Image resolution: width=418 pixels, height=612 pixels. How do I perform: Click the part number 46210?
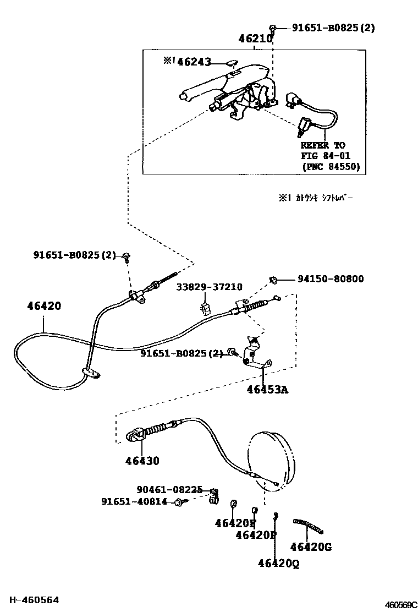pyautogui.click(x=255, y=39)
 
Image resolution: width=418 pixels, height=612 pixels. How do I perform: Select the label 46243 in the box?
pyautogui.click(x=194, y=62)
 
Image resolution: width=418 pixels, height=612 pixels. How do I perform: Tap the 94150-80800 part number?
pyautogui.click(x=331, y=279)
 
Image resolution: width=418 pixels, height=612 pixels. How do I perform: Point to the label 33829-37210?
pyautogui.click(x=209, y=287)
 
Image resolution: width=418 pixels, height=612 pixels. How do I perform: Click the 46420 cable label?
pyautogui.click(x=44, y=306)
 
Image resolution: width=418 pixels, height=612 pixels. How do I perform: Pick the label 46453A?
pyautogui.click(x=267, y=390)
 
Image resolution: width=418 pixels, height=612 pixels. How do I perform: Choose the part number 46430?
pyautogui.click(x=142, y=461)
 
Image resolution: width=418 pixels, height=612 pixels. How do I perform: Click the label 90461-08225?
pyautogui.click(x=169, y=489)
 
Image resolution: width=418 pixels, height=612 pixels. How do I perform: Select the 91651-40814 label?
pyautogui.click(x=134, y=501)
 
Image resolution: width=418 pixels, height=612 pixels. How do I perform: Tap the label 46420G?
pyautogui.click(x=311, y=547)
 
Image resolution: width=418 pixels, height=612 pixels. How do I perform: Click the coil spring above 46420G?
pyautogui.click(x=309, y=526)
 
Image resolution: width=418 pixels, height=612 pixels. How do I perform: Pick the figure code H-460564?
pyautogui.click(x=33, y=600)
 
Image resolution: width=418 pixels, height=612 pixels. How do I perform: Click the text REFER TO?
pyautogui.click(x=323, y=145)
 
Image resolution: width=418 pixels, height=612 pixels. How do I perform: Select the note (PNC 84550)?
pyautogui.click(x=331, y=167)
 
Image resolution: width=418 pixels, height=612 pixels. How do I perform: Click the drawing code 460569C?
pyautogui.click(x=400, y=605)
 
